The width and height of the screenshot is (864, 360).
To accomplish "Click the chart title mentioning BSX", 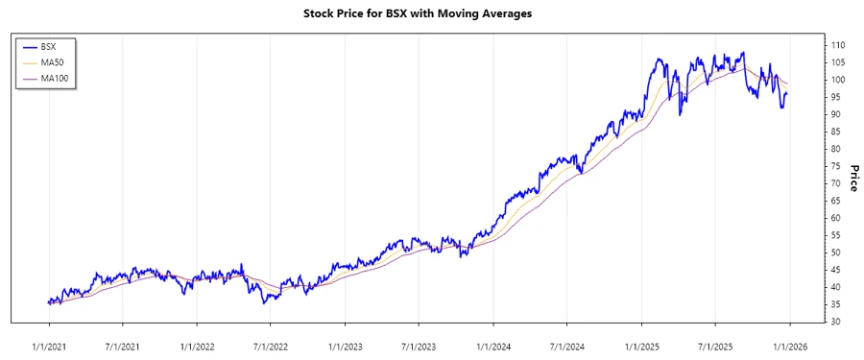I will pyautogui.click(x=431, y=14).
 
